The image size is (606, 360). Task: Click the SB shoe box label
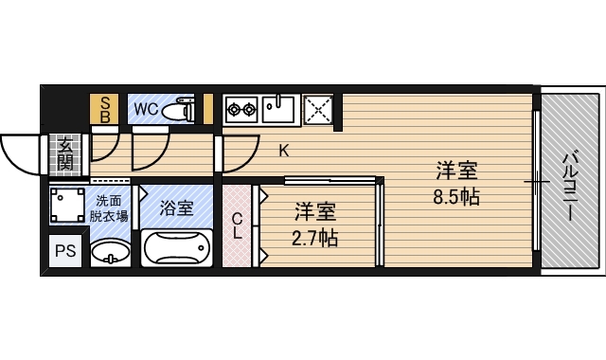pos(105,110)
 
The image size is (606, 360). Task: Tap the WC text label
pos(147,110)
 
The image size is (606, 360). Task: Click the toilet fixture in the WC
pos(178,110)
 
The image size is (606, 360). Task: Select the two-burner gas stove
pos(242,110)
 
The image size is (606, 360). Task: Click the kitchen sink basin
pos(278,110)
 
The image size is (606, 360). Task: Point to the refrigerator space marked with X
pos(318,110)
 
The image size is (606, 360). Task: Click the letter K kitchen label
pos(284,151)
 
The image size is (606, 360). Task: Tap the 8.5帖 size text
pos(456,197)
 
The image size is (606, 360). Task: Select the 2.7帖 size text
pos(314,238)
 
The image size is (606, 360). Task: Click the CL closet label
pos(237,226)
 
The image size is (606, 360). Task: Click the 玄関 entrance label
pos(65,154)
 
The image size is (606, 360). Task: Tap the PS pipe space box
pos(65,251)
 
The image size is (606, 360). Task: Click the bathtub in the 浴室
pos(177,248)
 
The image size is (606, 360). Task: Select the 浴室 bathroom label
pos(177,208)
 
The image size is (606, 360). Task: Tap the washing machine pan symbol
pos(67,205)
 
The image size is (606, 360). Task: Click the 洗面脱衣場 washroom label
pos(109,208)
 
